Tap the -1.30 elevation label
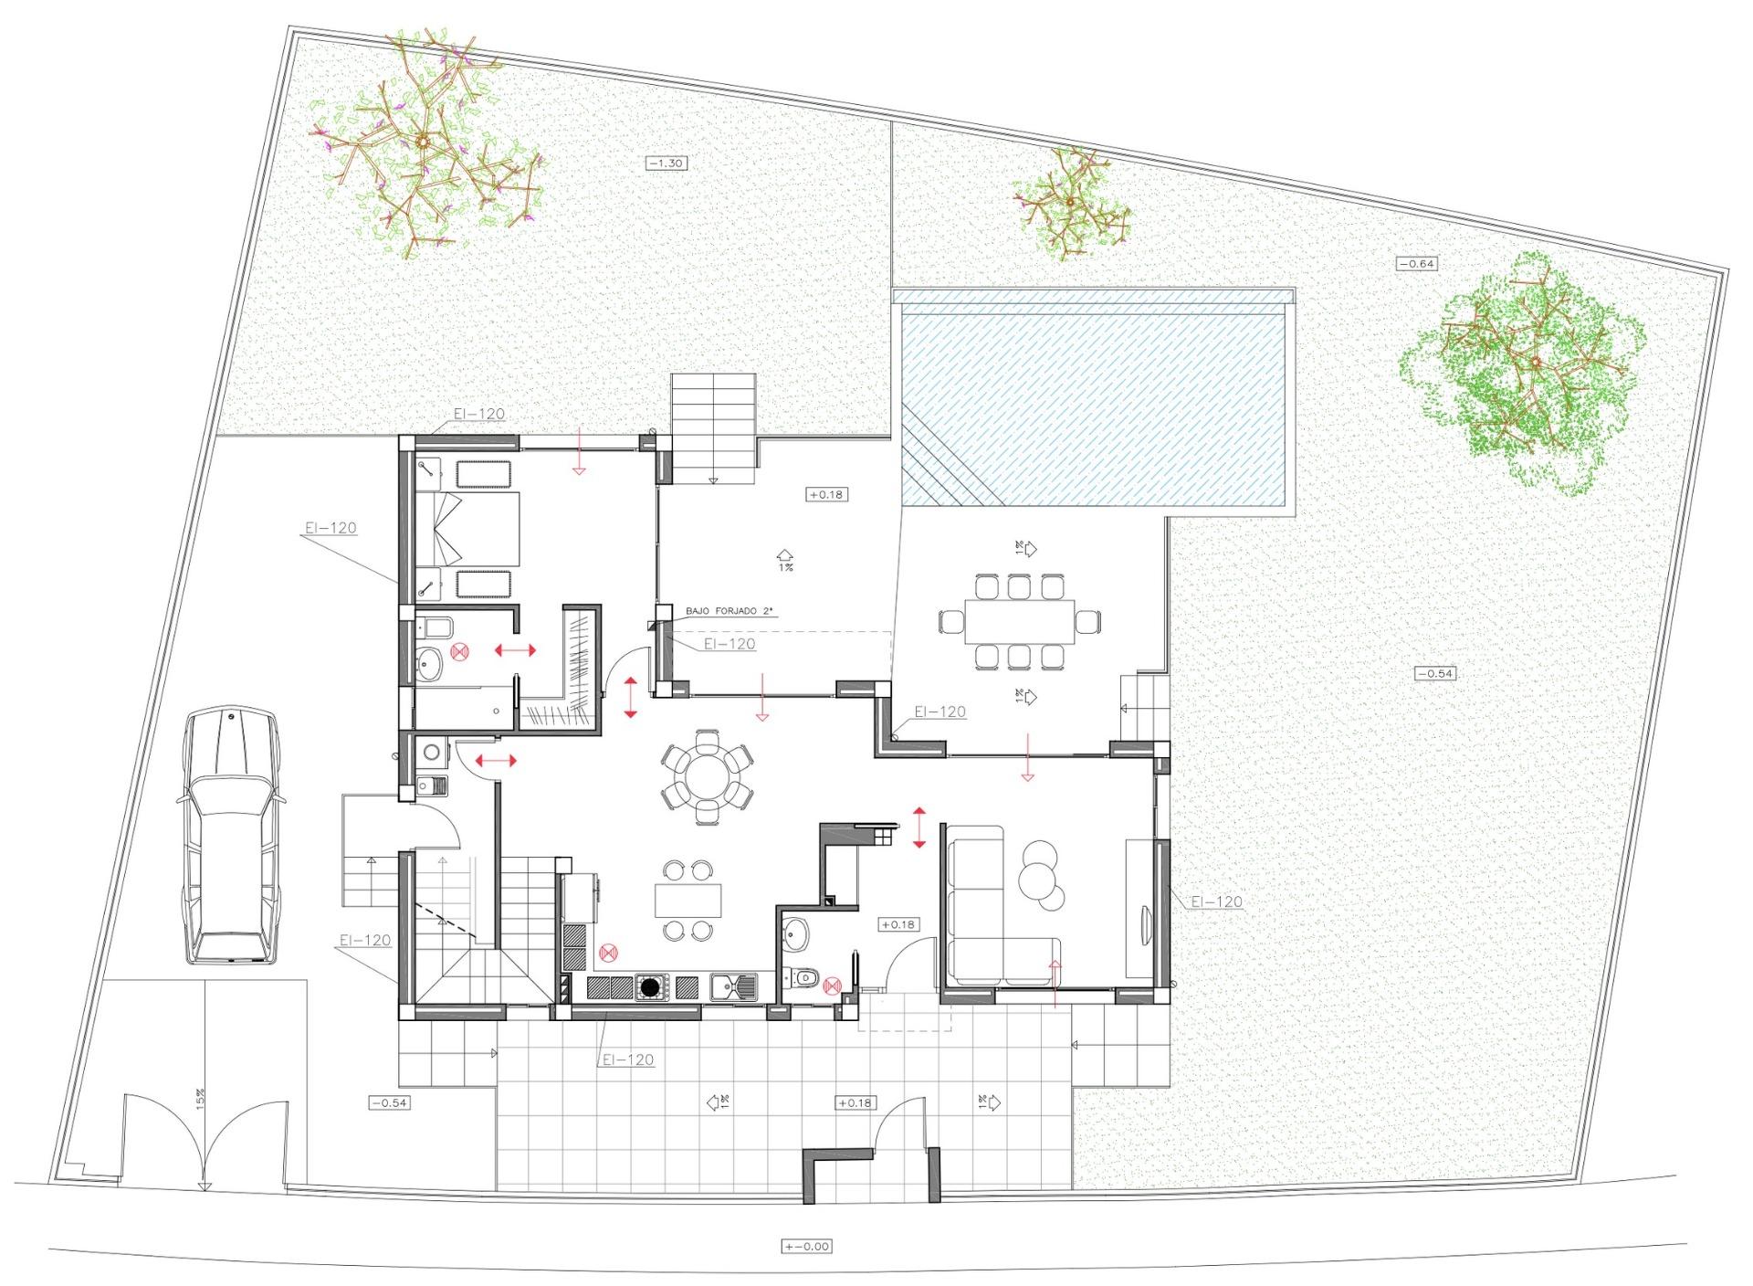[x=666, y=163]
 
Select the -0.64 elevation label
[x=1417, y=264]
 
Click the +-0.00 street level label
[x=807, y=1246]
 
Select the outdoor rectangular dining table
[x=1019, y=622]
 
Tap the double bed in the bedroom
[x=467, y=528]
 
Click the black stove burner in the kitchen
[x=650, y=986]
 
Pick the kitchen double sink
[x=733, y=986]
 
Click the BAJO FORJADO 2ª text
[x=721, y=611]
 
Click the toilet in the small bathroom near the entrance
[x=805, y=978]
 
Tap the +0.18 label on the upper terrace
[x=826, y=494]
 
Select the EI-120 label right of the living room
[x=1216, y=901]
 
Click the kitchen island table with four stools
[x=688, y=901]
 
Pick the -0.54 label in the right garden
[x=1434, y=673]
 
